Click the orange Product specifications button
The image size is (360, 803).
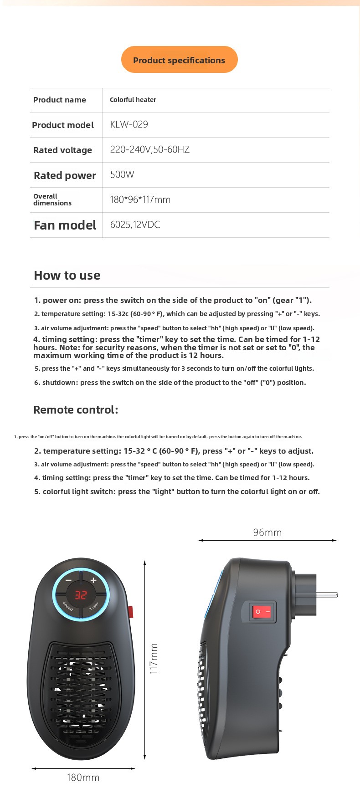point(179,60)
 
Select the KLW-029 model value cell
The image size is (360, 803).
point(129,124)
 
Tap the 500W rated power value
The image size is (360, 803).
point(122,174)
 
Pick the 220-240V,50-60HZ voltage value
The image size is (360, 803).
point(149,149)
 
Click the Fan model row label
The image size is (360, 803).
point(65,225)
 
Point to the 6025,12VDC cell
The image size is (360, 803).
point(135,225)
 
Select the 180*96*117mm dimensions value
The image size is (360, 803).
point(140,199)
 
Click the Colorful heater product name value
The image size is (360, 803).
point(133,100)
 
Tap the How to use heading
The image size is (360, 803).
point(67,275)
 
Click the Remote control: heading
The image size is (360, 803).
point(76,409)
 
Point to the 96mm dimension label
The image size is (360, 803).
point(267,532)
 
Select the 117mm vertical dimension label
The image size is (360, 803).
point(154,659)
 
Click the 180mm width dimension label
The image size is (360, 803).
point(83,777)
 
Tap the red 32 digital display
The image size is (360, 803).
point(81,594)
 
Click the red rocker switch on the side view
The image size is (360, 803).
point(262,612)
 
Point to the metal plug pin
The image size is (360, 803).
point(326,594)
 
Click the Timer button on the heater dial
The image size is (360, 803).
point(94,606)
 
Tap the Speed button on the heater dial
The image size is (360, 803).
point(68,606)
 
